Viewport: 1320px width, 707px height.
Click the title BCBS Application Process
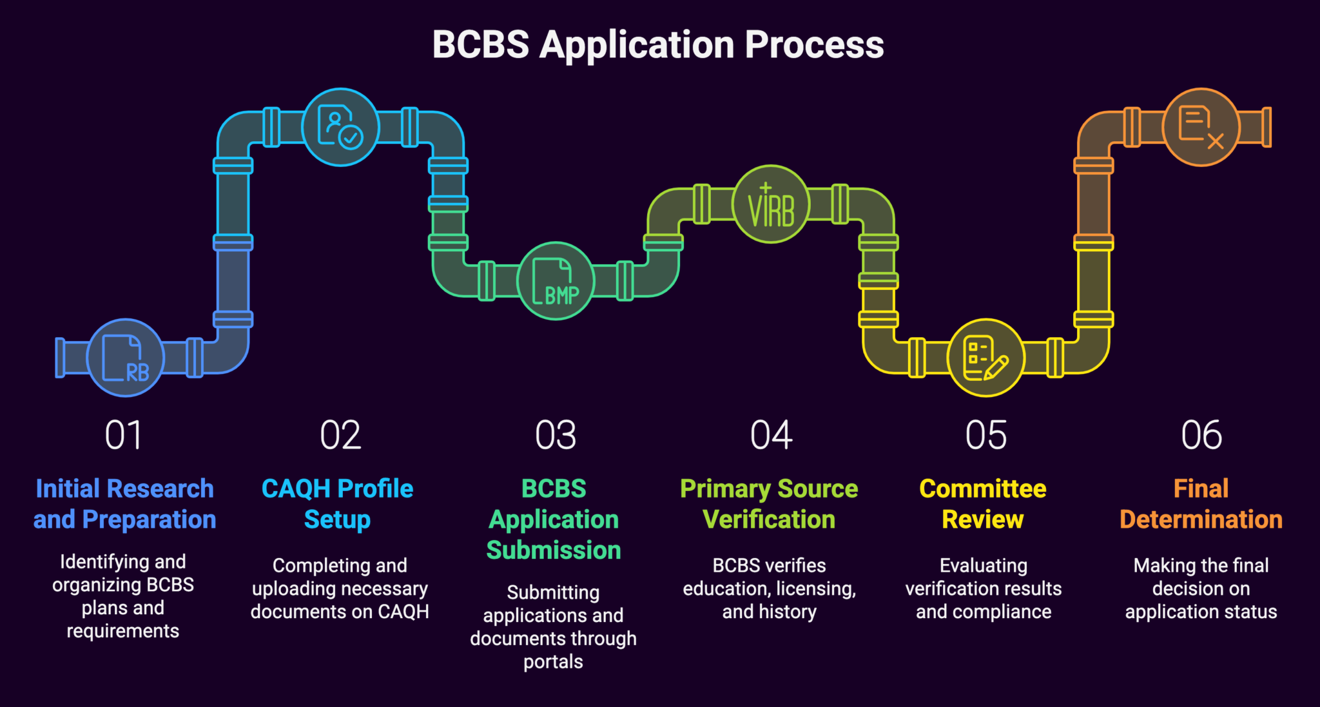[657, 44]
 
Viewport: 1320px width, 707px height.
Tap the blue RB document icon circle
[125, 358]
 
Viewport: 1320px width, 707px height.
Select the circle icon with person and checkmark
[340, 127]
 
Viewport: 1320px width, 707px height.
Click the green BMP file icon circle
[555, 281]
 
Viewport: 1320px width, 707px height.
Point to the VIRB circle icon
[771, 204]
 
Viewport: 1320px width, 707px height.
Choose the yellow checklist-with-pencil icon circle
[985, 358]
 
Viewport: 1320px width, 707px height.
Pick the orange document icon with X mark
[1201, 127]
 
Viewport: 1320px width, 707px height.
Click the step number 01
[123, 435]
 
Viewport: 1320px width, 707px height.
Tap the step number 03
[555, 435]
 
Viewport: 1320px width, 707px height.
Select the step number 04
[771, 435]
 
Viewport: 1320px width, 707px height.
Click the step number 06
[1201, 435]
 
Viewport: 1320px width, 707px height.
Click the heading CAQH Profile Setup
[337, 504]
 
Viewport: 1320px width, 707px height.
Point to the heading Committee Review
[983, 504]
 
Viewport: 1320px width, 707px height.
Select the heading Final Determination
[1201, 504]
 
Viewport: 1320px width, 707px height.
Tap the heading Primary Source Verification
[769, 504]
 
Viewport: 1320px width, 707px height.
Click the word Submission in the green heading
[554, 550]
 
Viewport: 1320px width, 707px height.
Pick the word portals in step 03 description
[553, 662]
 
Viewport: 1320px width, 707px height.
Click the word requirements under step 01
[122, 631]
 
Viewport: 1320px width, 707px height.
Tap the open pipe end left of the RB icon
[60, 358]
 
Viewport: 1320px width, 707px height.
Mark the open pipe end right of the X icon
[1267, 127]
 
